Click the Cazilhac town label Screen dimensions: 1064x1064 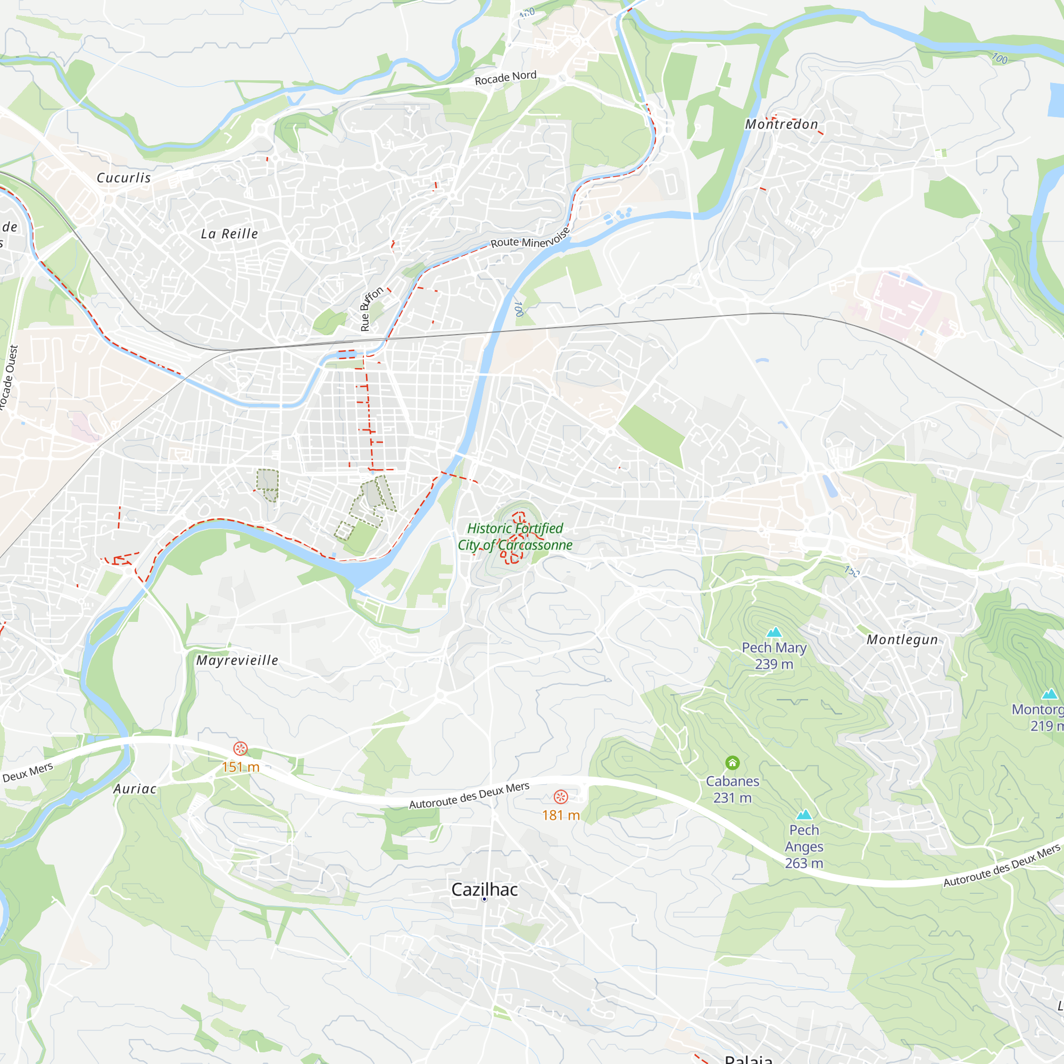pos(484,890)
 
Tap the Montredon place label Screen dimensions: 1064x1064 pos(782,124)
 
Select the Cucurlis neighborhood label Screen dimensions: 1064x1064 pos(123,178)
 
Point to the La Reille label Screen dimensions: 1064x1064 pos(229,234)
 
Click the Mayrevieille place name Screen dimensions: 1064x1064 pos(237,660)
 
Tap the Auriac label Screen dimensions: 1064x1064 pos(135,789)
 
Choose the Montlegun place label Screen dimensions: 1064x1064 pos(902,639)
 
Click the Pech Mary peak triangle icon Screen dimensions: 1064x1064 pos(774,631)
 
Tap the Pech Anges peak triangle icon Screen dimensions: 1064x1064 pos(804,814)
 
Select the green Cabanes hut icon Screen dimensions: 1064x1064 pos(732,763)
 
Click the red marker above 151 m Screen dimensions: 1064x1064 pos(240,749)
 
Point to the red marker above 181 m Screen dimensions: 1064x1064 pos(561,797)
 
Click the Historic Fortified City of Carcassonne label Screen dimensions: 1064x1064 pos(515,536)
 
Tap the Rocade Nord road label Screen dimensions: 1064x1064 pos(505,78)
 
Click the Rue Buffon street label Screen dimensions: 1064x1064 pos(371,309)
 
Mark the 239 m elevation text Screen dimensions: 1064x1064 pos(774,664)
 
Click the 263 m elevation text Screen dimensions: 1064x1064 pos(804,863)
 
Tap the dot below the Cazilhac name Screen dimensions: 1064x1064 pos(484,899)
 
